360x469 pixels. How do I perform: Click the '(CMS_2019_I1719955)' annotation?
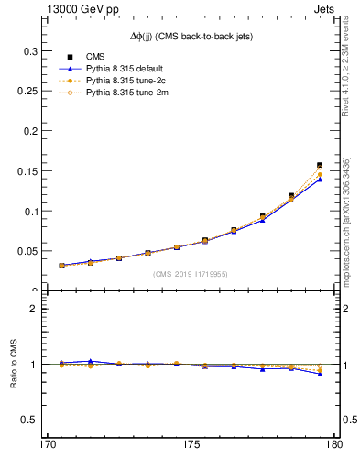point(190,273)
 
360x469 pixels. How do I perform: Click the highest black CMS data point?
point(320,166)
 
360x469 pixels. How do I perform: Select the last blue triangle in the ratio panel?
point(320,374)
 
